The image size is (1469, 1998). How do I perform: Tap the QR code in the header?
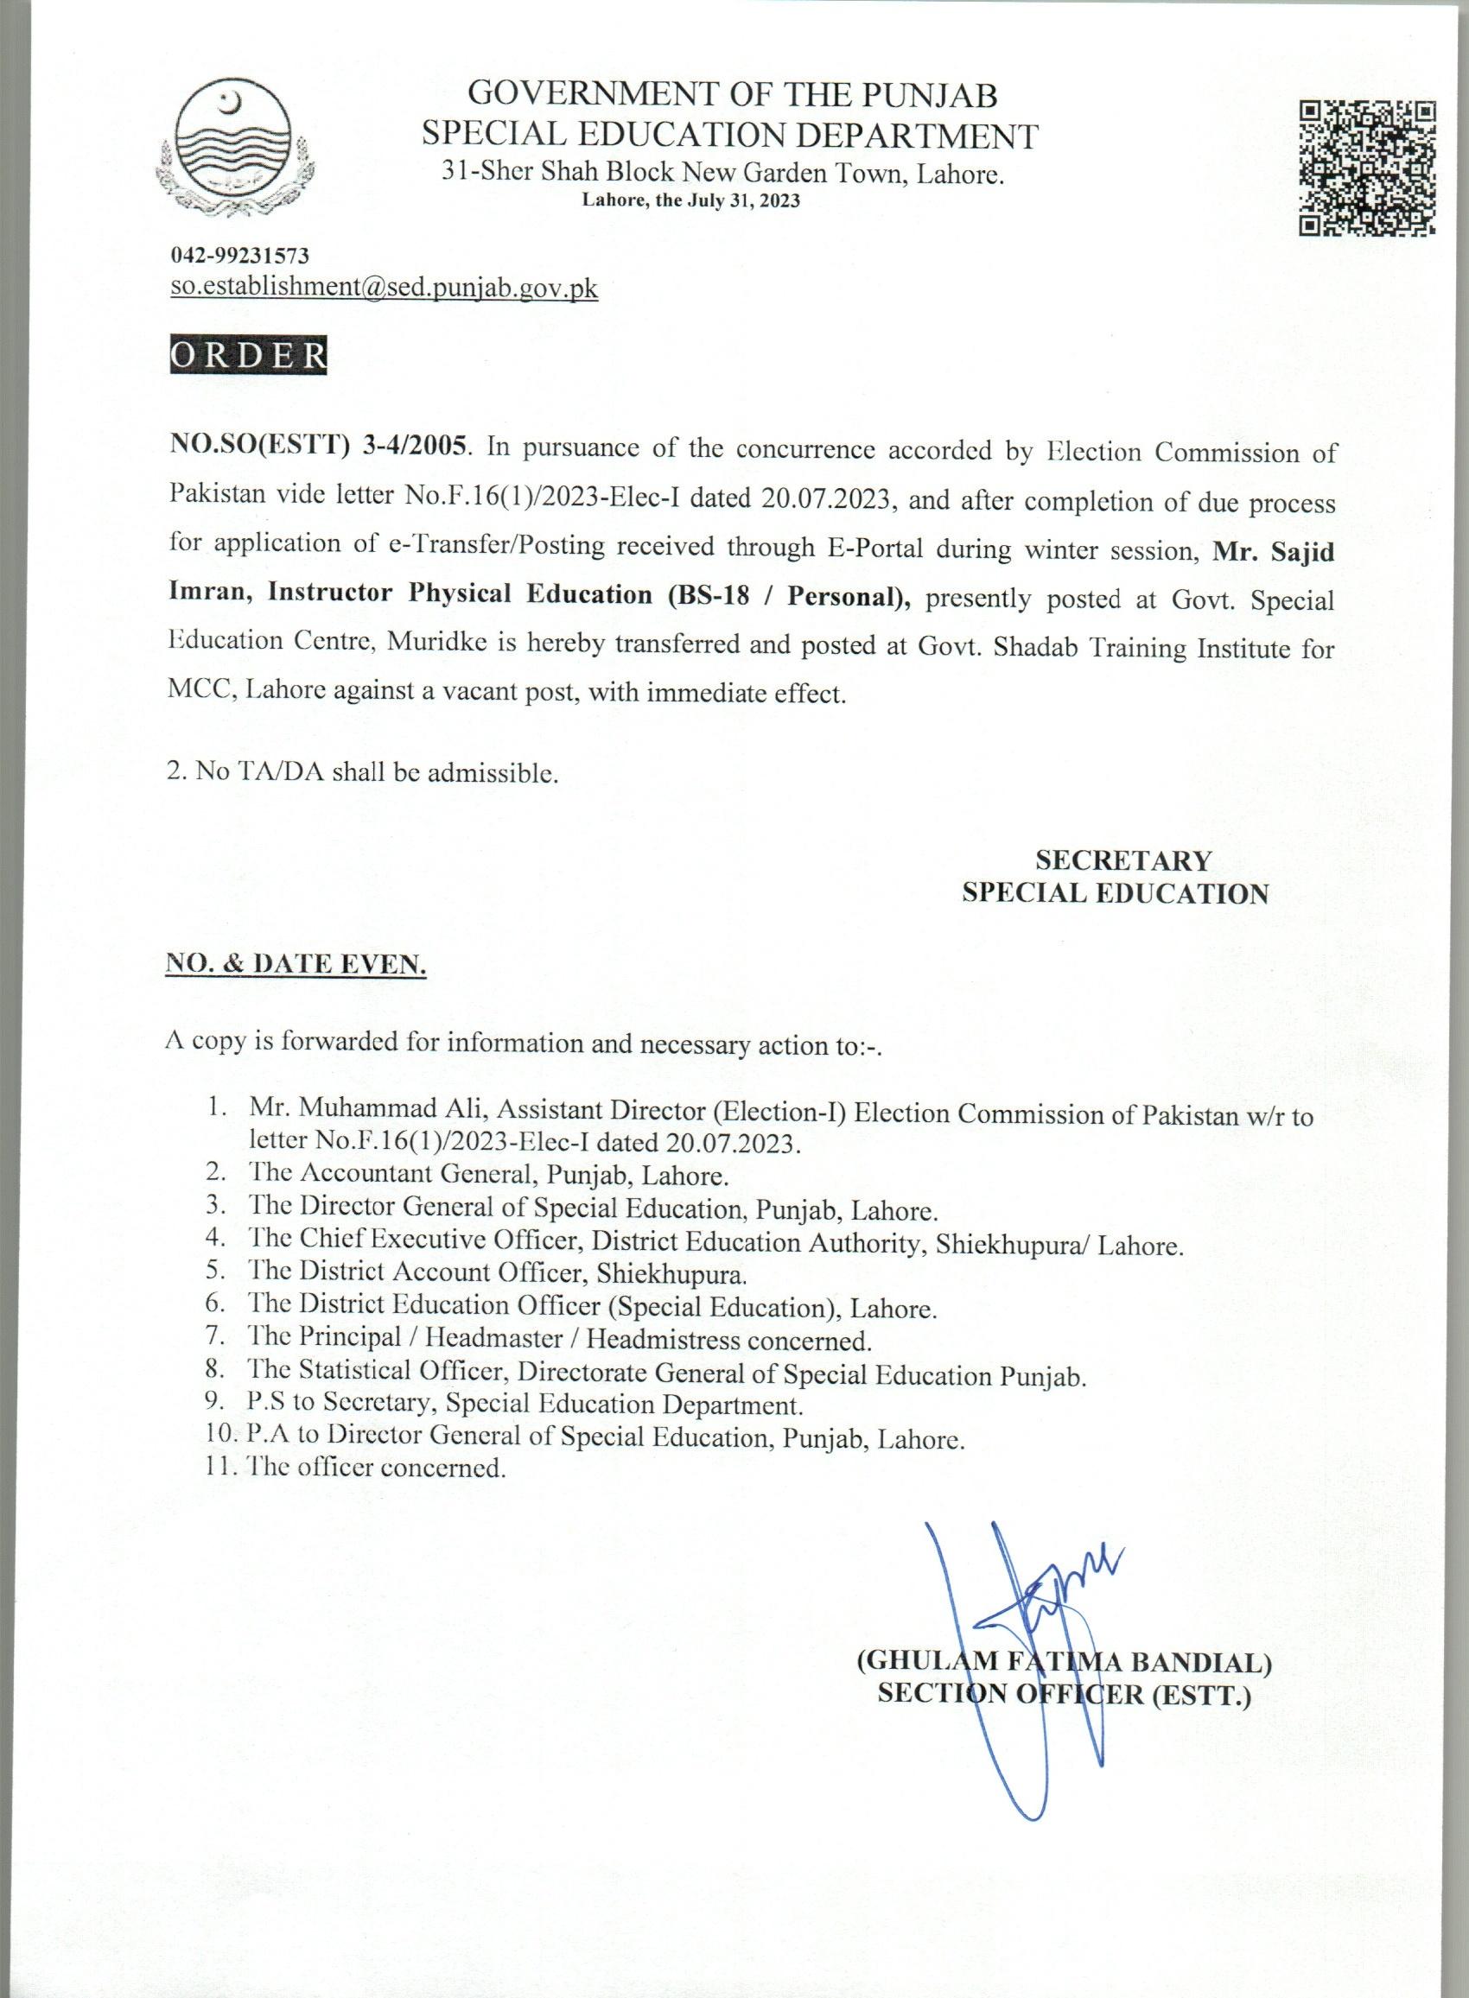coord(1368,166)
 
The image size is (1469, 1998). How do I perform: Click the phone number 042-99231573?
coord(240,256)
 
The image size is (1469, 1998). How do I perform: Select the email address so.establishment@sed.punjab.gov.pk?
coord(385,288)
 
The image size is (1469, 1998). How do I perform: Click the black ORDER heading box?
coord(248,355)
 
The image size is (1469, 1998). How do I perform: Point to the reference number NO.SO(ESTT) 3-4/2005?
coord(318,445)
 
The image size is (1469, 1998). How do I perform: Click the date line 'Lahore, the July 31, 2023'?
coord(691,201)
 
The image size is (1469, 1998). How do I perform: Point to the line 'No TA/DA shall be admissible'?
coord(363,771)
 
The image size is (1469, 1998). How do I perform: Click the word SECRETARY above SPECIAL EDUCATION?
coord(1123,860)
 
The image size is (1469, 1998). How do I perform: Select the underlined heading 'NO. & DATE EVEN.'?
coord(296,964)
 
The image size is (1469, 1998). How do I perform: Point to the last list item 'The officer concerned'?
coord(377,1468)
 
